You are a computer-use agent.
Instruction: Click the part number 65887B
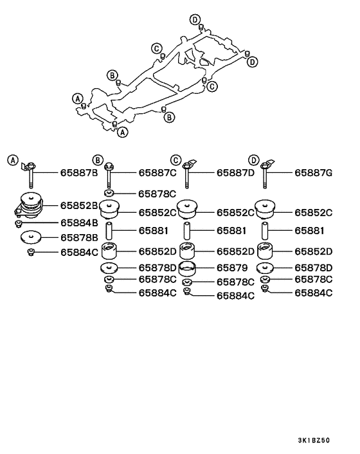coord(79,173)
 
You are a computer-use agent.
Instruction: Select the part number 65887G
coord(314,173)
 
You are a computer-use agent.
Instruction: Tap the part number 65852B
coord(79,206)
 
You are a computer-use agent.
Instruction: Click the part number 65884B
coord(79,222)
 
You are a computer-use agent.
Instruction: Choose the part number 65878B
coord(79,237)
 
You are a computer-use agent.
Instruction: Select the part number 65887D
coord(235,173)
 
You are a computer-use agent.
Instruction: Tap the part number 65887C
coord(158,173)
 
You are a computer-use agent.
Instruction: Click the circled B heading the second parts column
coord(98,159)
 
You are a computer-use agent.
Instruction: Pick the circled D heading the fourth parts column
coord(253,159)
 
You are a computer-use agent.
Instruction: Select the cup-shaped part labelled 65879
coord(188,268)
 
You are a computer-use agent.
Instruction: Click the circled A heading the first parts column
coord(14,159)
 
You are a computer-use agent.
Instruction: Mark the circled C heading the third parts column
coord(175,159)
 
